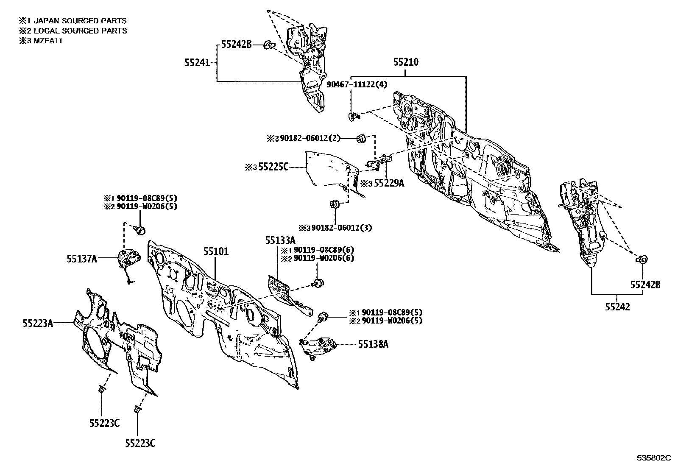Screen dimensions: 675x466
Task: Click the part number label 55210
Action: point(406,62)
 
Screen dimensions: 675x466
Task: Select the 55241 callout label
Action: point(197,63)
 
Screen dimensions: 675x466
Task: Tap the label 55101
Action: point(216,251)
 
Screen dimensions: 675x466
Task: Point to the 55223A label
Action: point(38,323)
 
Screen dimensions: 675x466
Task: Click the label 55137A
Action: point(82,259)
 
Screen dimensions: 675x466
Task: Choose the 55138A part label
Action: point(373,344)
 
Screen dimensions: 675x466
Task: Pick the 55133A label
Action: point(280,240)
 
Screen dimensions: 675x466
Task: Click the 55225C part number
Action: point(273,167)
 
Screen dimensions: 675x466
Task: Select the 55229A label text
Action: point(389,183)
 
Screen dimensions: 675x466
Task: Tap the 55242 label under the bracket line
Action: point(617,307)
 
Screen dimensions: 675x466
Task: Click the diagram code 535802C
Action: point(653,458)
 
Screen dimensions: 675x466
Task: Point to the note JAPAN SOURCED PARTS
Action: point(80,21)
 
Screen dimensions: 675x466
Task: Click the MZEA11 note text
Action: point(48,41)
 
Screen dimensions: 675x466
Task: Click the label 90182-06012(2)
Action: point(310,138)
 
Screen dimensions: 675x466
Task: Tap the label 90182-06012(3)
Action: point(342,228)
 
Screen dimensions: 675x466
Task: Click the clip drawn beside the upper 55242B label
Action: point(269,45)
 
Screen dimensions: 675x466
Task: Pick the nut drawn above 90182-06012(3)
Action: point(335,204)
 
